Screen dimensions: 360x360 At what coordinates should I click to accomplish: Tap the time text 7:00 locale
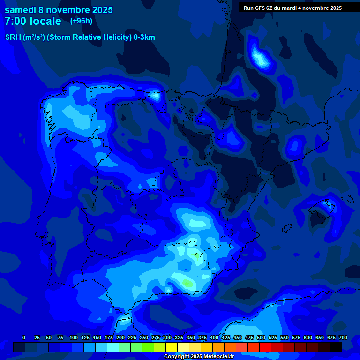tap(33, 21)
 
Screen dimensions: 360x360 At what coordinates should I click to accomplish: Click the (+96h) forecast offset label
tap(81, 21)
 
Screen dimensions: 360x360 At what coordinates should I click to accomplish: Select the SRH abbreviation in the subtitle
tap(13, 37)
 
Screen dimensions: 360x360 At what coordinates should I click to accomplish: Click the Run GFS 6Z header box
tap(292, 8)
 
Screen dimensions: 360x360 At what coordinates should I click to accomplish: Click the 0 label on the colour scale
tap(24, 337)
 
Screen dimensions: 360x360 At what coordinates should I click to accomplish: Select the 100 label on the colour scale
tap(74, 337)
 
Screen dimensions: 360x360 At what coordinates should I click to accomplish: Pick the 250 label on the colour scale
tap(144, 337)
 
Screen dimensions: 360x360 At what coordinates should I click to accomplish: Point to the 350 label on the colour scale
tap(191, 337)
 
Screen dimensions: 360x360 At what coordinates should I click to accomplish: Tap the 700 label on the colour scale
tap(343, 337)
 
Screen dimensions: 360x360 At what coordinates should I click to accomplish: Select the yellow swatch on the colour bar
tap(172, 347)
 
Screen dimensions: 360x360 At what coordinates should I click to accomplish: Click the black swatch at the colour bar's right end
tap(336, 347)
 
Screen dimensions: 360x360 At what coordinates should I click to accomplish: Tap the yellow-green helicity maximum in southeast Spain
tap(187, 283)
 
